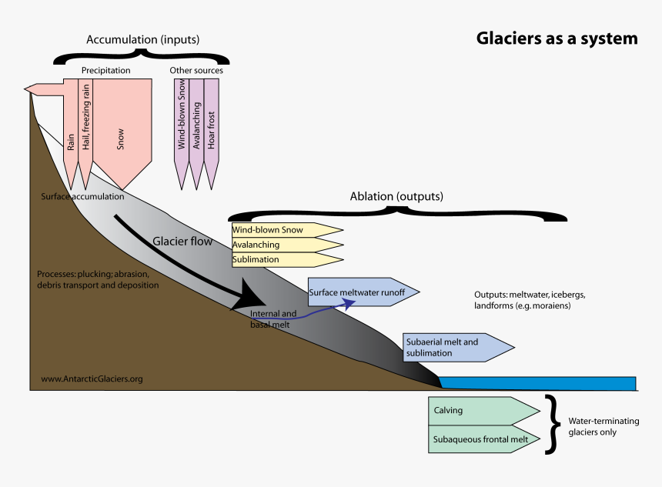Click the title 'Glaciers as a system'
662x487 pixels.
coord(557,38)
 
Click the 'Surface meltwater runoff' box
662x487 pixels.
coord(362,292)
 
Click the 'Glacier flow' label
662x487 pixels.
coord(182,241)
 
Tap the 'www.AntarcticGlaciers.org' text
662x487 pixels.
coord(92,379)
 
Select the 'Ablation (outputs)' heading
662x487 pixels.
coord(396,196)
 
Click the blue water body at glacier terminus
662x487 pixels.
coord(539,383)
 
